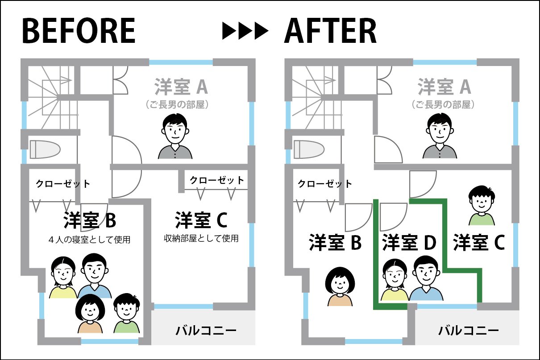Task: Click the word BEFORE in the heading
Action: pos(79,31)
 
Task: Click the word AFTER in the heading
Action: pos(330,31)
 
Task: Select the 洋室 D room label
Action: pos(409,242)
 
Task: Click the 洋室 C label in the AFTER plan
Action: pos(479,242)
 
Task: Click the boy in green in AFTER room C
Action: pos(482,206)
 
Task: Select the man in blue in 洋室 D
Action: pos(426,279)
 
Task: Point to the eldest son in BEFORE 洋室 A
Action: pos(176,137)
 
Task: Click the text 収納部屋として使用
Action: pos(201,239)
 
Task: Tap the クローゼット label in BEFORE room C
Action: pos(217,180)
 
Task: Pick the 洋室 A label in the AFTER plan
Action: pos(444,87)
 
